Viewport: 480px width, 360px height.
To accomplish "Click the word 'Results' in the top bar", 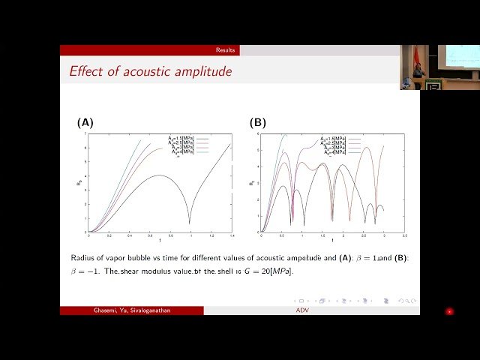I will point(225,50).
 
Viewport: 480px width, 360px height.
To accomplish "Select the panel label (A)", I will point(85,122).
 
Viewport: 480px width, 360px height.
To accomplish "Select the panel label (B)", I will point(258,122).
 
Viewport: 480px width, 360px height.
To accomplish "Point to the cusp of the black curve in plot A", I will point(190,223).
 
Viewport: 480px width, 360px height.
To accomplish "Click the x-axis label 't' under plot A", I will point(159,241).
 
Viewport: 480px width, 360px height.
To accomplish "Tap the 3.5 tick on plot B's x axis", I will point(404,235).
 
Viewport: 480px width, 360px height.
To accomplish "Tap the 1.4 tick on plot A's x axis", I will point(230,235).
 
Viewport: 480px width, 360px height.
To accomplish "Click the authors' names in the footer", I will point(131,310).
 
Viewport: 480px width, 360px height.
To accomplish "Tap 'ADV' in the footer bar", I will point(302,310).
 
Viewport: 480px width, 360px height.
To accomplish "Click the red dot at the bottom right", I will point(449,311).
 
